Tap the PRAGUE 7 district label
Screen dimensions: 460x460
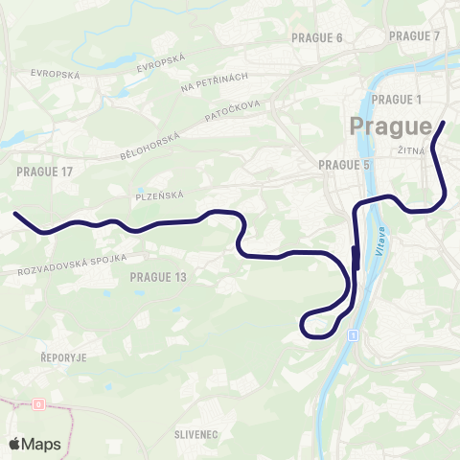[415, 35]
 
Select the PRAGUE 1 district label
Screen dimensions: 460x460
[395, 100]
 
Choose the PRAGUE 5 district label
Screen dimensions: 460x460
[344, 165]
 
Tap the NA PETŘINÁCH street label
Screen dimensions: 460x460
[215, 82]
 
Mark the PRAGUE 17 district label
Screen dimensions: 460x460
[45, 171]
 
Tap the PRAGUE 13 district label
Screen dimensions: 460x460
[157, 277]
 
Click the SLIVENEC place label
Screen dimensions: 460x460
[197, 434]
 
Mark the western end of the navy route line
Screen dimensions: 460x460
[15, 214]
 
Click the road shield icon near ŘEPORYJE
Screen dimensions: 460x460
[37, 404]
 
